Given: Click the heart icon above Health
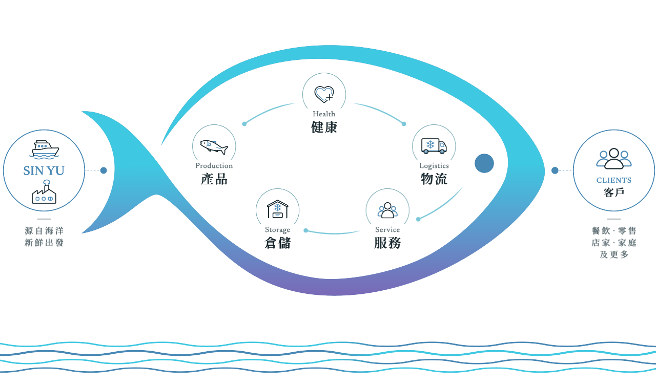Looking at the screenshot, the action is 324,94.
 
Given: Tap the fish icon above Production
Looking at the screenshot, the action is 214,147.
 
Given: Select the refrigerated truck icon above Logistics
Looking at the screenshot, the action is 434,146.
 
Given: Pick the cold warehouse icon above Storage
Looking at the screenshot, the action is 278,209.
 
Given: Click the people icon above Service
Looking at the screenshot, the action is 387,210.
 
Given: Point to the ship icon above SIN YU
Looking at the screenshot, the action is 45,149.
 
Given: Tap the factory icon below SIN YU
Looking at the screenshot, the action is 44,192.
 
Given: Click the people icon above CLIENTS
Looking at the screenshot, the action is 614,159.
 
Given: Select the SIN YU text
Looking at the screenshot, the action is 44,171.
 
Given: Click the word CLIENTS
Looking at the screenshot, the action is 614,180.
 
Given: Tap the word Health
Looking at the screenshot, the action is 324,114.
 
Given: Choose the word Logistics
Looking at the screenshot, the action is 434,166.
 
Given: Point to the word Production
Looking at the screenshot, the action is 214,165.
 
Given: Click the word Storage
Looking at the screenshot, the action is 278,230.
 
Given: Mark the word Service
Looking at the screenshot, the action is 387,229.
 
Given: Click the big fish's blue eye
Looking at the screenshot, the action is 484,163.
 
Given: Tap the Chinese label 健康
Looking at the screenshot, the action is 324,127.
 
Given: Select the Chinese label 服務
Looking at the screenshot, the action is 387,243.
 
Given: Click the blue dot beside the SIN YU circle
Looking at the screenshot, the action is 104,170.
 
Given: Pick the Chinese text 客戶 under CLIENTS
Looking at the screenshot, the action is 614,192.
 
